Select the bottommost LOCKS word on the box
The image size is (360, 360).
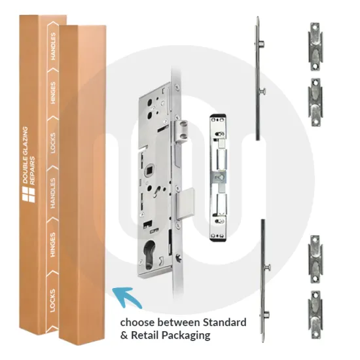(x=54, y=301)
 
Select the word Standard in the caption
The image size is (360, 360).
(x=221, y=322)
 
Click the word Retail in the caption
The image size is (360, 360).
(x=145, y=335)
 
